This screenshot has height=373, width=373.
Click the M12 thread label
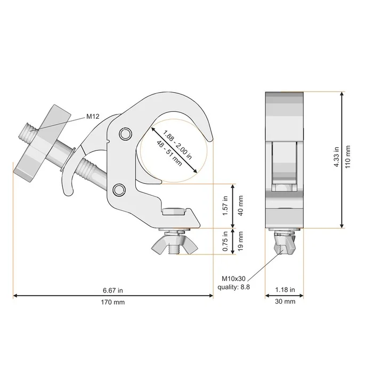pos(93,116)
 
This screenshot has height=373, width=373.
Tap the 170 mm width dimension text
pos(113,302)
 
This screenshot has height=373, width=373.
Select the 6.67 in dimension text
pos(113,290)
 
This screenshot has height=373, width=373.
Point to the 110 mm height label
pos(348,157)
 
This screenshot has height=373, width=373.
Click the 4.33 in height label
pos(336,157)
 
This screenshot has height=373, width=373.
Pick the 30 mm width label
pos(285,302)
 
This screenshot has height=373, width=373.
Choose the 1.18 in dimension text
pos(285,290)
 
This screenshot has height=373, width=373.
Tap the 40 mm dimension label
pos(240,206)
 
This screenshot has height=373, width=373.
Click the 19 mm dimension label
pos(240,241)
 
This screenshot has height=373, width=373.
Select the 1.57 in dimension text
pos(225,206)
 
